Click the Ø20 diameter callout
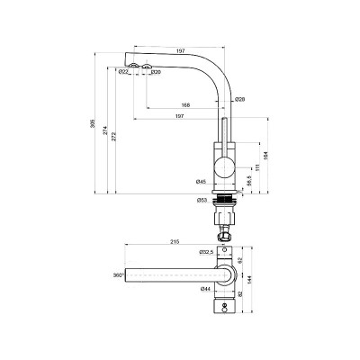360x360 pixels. point(155,73)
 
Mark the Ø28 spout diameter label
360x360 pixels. point(239,98)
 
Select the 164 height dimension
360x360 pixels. point(277,155)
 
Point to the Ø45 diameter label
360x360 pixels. point(201,183)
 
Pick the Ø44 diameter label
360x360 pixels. point(205,289)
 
